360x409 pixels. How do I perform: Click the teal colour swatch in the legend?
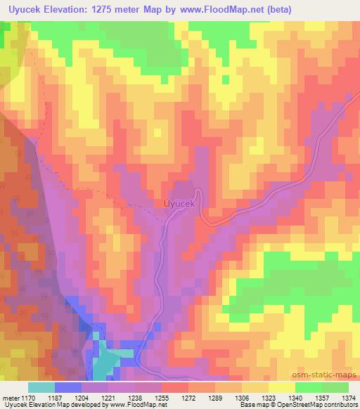[x=41, y=387]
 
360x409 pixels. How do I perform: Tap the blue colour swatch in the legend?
[x=68, y=387]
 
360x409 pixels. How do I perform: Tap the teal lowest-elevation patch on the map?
[x=105, y=358]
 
